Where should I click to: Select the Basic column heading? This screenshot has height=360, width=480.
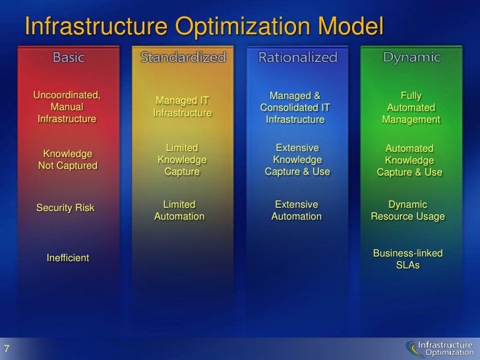click(x=69, y=57)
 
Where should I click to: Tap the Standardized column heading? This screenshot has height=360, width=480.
click(x=183, y=57)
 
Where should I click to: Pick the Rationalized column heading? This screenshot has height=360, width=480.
click(x=297, y=57)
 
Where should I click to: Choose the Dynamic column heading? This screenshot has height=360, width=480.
click(x=411, y=57)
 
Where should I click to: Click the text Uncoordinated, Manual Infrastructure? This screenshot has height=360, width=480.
click(x=67, y=107)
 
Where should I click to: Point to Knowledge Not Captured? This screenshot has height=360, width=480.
click(x=67, y=160)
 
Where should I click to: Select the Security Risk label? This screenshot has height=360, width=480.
click(x=65, y=208)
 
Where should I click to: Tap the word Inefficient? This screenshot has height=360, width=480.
click(x=67, y=258)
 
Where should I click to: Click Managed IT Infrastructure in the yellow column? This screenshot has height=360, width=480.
click(x=182, y=107)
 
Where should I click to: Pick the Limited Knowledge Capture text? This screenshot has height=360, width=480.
click(x=181, y=160)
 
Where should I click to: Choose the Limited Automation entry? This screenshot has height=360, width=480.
click(x=179, y=210)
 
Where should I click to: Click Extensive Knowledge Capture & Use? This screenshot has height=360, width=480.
click(x=297, y=160)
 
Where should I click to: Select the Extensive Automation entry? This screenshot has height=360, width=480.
click(x=296, y=210)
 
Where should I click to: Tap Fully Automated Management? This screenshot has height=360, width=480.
click(x=411, y=108)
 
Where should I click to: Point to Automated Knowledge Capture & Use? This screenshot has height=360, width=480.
click(x=409, y=161)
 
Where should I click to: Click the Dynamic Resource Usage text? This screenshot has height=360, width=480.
click(x=407, y=210)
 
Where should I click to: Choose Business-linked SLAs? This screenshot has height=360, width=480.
click(x=407, y=259)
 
